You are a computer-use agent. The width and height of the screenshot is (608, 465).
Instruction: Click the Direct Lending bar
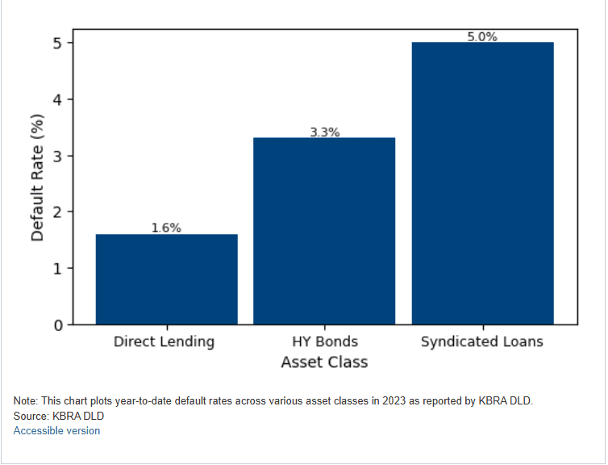(166, 279)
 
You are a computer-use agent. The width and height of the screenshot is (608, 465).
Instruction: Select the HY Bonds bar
(324, 231)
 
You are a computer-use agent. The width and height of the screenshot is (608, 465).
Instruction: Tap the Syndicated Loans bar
(482, 183)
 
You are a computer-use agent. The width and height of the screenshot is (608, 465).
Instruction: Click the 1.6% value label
(166, 228)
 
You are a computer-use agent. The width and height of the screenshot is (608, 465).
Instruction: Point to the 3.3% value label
(325, 132)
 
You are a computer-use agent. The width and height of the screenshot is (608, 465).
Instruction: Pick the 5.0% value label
(482, 36)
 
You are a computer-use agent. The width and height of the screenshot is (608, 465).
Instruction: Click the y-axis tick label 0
(58, 325)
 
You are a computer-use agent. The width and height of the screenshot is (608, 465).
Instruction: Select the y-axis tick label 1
(58, 269)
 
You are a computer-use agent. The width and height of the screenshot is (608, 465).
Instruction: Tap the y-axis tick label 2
(58, 212)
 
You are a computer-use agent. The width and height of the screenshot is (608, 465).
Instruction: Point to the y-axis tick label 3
(58, 156)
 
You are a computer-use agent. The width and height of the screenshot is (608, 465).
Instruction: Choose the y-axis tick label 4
(58, 99)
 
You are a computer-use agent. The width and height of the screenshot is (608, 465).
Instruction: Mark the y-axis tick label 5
(58, 43)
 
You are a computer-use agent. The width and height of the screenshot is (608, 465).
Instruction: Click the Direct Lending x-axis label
(164, 341)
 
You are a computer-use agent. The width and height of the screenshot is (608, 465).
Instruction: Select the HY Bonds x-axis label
(324, 341)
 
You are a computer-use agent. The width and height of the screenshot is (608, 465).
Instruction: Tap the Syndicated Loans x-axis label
(482, 341)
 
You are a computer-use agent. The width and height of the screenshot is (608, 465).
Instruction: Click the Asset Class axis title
(324, 362)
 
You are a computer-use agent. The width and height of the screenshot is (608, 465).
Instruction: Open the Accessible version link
(56, 431)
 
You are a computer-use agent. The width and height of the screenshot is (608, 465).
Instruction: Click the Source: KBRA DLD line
(59, 416)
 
